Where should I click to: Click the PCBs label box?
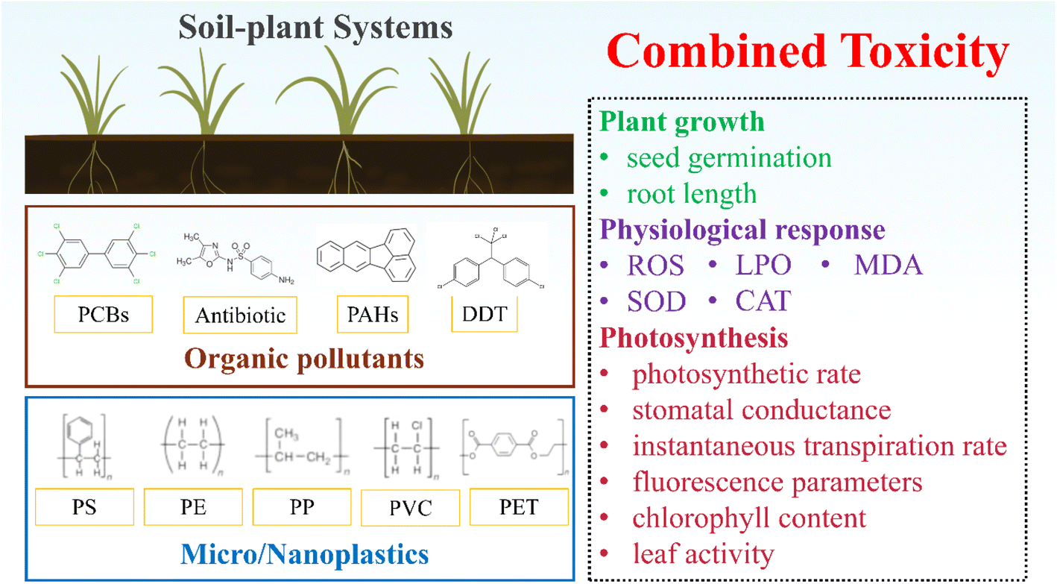coord(104,315)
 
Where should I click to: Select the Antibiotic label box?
coord(240,315)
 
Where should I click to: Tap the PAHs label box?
coord(373,315)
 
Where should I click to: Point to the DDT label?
coord(485,314)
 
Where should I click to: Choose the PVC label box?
coord(411,507)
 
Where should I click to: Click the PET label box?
coord(519,507)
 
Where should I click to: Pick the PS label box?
coord(84,507)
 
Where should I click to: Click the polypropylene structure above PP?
coord(302,446)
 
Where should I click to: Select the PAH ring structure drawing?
coord(367,255)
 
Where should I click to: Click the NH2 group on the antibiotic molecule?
coord(286,280)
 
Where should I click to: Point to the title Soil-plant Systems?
coord(315,28)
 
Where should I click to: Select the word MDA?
coord(888,265)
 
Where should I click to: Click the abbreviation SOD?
coord(657,301)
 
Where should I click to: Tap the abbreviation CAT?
coord(763,301)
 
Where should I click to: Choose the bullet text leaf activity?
coord(704,553)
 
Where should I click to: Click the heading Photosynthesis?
coord(694,338)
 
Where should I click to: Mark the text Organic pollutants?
coord(304,359)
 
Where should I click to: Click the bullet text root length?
coord(692,194)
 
